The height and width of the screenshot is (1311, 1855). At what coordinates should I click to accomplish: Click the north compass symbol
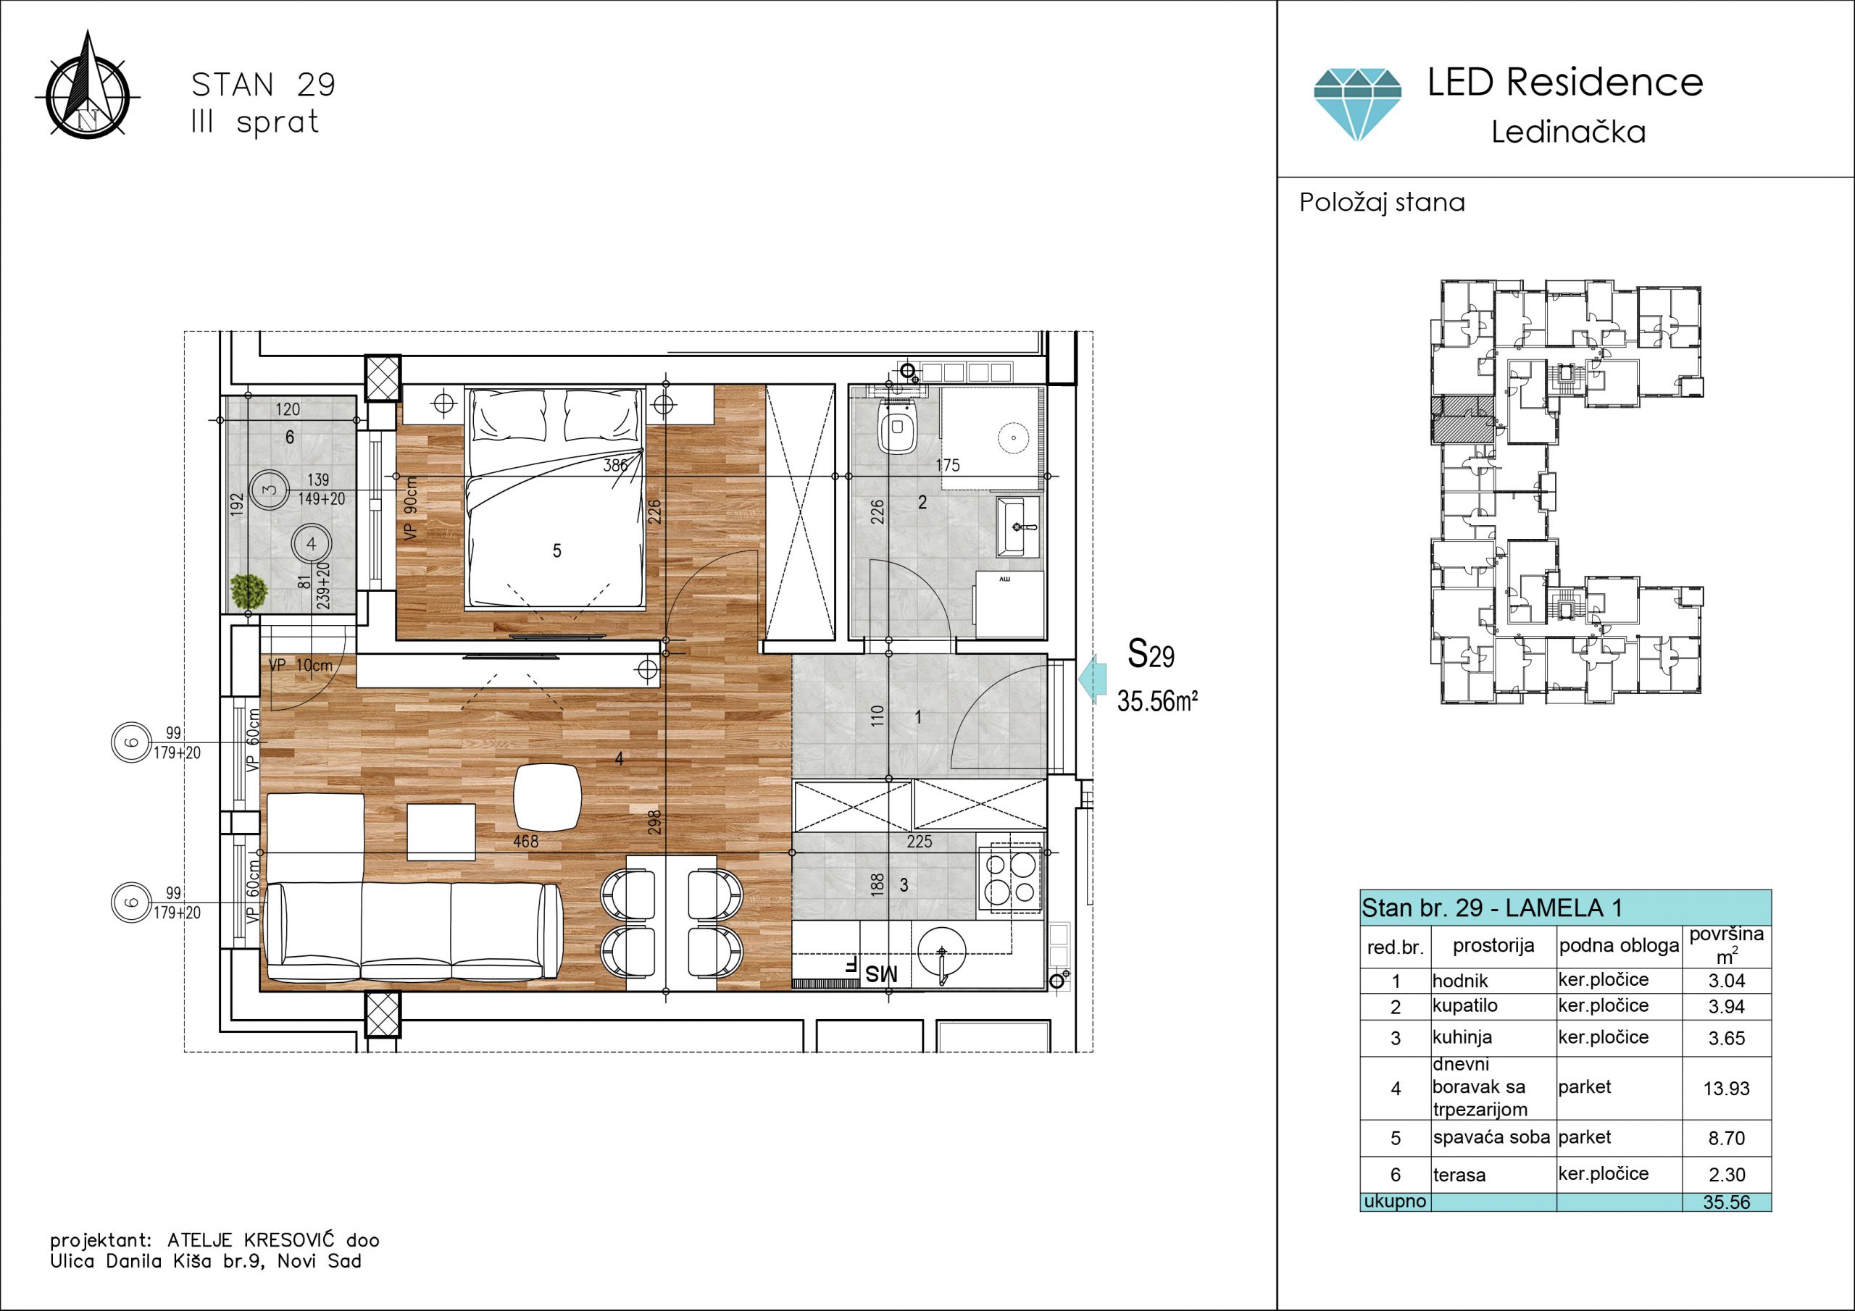[88, 89]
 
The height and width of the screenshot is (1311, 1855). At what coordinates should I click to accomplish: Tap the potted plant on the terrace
[248, 592]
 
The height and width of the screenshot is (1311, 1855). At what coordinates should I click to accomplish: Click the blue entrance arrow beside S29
[1091, 679]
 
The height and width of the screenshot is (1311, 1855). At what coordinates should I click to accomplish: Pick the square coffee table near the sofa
[441, 832]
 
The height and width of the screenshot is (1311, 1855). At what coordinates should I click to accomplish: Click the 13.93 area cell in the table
[1726, 1089]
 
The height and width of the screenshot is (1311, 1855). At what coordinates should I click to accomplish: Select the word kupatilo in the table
[1464, 1005]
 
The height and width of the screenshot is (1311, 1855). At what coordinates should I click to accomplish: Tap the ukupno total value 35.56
[1727, 1202]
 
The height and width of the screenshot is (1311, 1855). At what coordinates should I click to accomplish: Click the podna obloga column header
[1619, 946]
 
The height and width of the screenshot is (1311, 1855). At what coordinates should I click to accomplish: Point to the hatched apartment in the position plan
[1462, 419]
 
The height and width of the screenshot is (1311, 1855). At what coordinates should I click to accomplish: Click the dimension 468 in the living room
[525, 841]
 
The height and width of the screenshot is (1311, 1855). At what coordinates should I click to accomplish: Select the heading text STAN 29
[263, 85]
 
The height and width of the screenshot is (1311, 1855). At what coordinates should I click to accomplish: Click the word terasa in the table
[1459, 1176]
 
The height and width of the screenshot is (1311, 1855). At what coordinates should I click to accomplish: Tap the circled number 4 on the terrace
[311, 544]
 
